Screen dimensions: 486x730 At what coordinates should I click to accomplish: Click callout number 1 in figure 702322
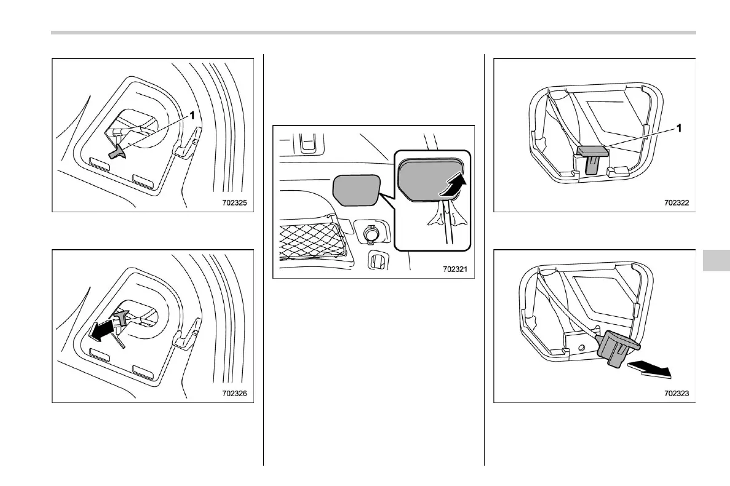coord(679,129)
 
